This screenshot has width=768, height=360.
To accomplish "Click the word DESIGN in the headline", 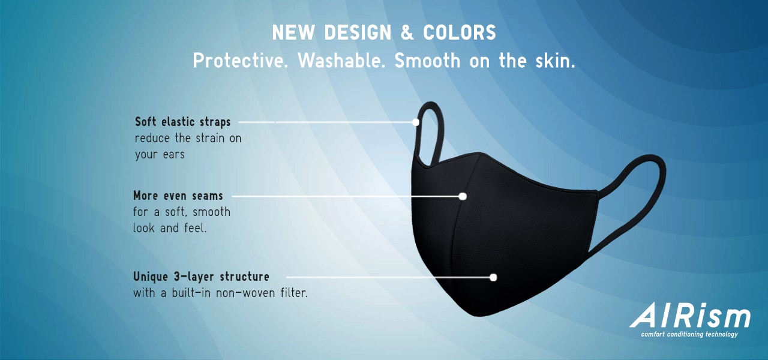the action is [358, 32].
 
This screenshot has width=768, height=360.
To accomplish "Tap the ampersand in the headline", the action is [407, 32].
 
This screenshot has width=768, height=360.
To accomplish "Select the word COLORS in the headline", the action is [460, 32].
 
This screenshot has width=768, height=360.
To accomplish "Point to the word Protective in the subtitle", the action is [240, 61].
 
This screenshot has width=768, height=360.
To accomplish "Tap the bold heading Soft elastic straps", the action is [183, 122].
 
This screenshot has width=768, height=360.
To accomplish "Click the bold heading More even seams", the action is [178, 196].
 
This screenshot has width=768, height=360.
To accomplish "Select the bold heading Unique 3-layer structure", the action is [201, 277].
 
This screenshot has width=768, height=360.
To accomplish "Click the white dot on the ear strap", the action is [416, 122].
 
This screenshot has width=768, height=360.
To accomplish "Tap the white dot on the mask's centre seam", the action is [463, 196].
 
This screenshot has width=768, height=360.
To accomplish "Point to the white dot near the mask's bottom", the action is [493, 277].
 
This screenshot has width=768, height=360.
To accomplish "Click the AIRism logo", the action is [690, 316].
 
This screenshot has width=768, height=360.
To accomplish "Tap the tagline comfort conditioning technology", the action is [689, 334].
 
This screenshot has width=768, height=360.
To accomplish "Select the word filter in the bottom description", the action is [294, 293].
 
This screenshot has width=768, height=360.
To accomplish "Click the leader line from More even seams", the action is [346, 196].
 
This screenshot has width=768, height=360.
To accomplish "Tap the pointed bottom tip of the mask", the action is [478, 315].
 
